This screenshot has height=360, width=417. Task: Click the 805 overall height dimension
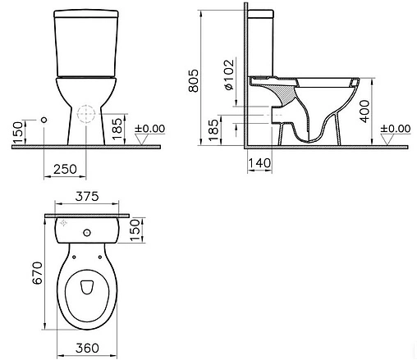coord(193,80)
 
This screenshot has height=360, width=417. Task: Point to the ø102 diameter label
coord(229,75)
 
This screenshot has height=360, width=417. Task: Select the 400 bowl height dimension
coord(364,112)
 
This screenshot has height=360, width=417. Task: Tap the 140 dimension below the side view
coord(259,163)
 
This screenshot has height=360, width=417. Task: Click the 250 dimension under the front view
coord(65,169)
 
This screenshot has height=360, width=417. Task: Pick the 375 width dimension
coord(87,196)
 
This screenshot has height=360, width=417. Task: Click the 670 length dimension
coord(37,273)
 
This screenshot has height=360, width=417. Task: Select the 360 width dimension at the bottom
coord(87,348)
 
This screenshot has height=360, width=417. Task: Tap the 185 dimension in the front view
coord(117,129)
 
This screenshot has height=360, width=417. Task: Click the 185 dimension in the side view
coord(213,130)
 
